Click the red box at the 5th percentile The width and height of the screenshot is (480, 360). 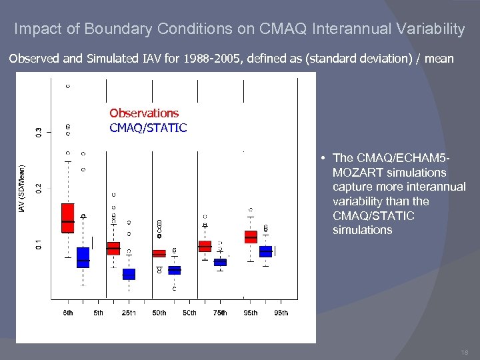[x=68, y=218]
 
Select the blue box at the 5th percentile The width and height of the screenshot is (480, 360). [x=83, y=257]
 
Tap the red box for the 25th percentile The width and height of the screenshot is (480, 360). [x=113, y=248]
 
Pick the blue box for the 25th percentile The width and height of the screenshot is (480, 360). [x=129, y=274]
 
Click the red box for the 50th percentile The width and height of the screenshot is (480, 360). [x=159, y=253]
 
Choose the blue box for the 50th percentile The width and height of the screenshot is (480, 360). [x=174, y=270]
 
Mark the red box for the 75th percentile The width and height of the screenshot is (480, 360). [x=205, y=247]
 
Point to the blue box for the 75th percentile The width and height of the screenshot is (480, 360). [x=220, y=262]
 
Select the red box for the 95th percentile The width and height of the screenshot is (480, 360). [x=251, y=237]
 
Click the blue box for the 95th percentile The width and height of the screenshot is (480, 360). [x=265, y=251]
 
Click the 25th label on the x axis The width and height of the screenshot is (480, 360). [x=129, y=313]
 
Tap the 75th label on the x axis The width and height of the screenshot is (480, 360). [x=220, y=313]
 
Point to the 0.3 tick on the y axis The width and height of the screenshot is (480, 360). [x=38, y=132]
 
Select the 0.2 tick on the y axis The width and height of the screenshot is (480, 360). [x=38, y=188]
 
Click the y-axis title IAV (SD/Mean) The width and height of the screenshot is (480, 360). [x=21, y=190]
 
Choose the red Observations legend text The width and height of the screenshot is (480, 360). [x=144, y=113]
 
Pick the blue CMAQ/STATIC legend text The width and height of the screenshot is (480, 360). [x=148, y=127]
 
